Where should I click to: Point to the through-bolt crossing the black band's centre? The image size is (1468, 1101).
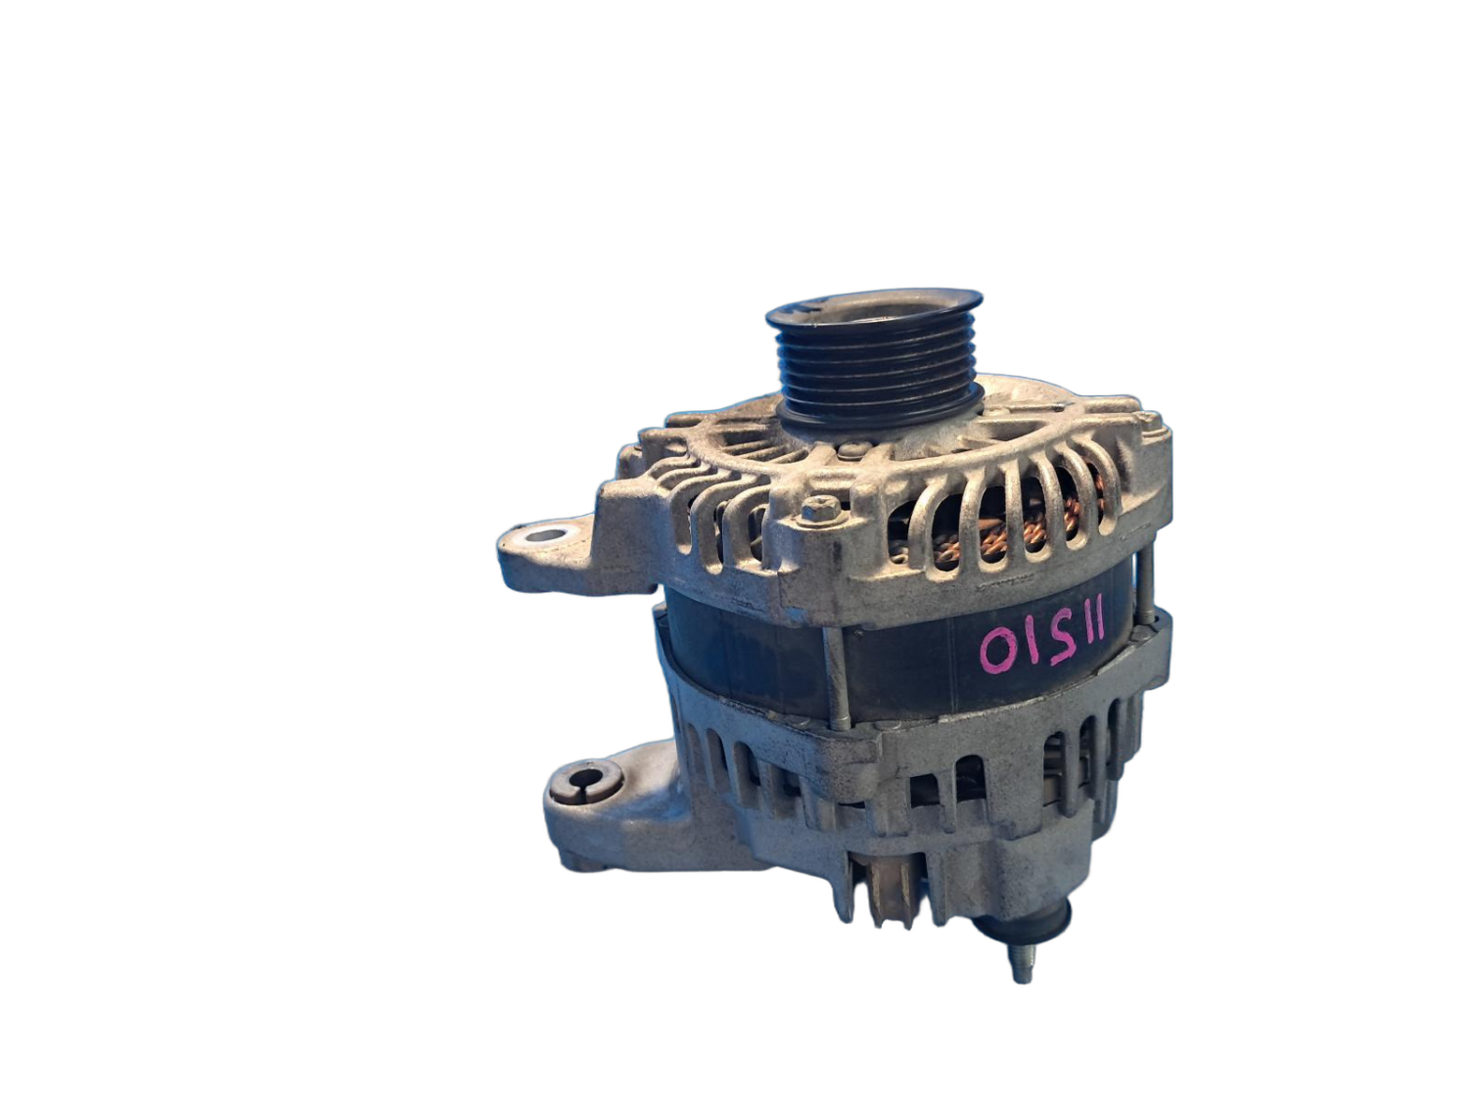(838, 675)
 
